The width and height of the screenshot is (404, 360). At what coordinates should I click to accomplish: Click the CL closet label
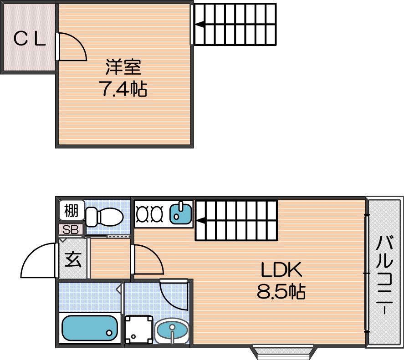pyautogui.click(x=30, y=39)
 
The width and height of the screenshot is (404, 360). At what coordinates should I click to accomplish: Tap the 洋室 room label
pyautogui.click(x=123, y=67)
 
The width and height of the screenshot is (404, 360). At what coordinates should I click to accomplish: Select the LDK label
pyautogui.click(x=281, y=269)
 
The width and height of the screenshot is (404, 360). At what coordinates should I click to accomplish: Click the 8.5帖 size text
pyautogui.click(x=281, y=291)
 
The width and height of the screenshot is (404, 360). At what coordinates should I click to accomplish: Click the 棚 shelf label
pyautogui.click(x=72, y=211)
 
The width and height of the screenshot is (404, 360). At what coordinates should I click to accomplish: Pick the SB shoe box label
pyautogui.click(x=70, y=230)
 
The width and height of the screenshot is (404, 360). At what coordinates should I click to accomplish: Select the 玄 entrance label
pyautogui.click(x=73, y=259)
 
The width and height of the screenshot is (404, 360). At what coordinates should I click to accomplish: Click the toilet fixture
pyautogui.click(x=104, y=217)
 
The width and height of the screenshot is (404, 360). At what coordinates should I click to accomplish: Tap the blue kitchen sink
pyautogui.click(x=180, y=214)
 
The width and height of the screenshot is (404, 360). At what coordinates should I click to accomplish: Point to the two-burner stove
pyautogui.click(x=149, y=214)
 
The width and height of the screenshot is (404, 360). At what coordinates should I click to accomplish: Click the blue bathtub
pyautogui.click(x=89, y=328)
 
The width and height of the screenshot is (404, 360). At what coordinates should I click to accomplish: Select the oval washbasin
pyautogui.click(x=172, y=330)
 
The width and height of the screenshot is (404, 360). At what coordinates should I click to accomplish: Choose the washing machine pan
pyautogui.click(x=138, y=330)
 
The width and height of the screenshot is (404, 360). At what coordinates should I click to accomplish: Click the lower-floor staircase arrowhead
pyautogui.click(x=201, y=221)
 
